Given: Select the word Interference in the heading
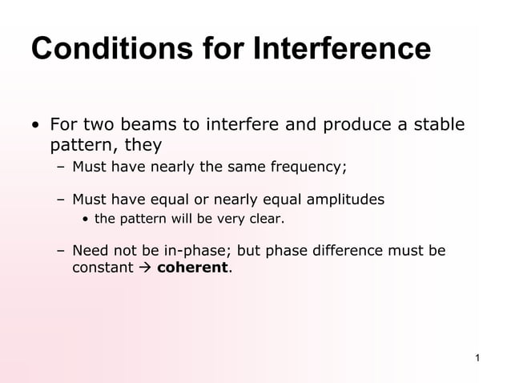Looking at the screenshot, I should coord(342,50).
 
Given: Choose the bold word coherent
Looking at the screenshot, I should coord(193,268).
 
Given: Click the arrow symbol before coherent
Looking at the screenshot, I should coord(145,268).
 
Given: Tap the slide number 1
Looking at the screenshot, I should coord(477,357).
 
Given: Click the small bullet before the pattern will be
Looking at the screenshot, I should coord(87,218).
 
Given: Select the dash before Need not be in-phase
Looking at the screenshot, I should coord(61,251).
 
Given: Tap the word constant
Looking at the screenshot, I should coord(103,268).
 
